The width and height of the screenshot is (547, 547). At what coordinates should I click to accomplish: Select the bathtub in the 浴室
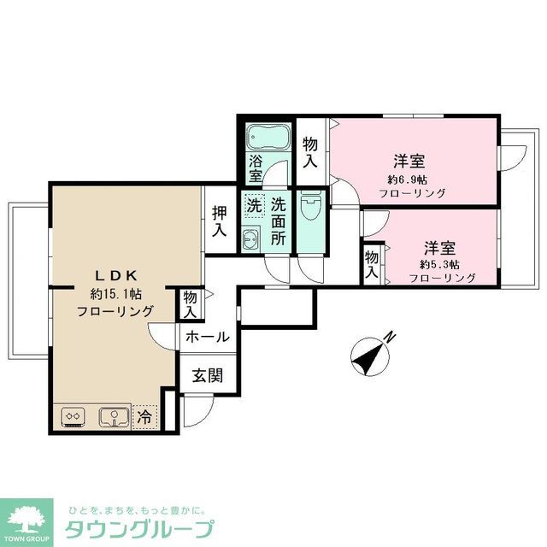point(262,137)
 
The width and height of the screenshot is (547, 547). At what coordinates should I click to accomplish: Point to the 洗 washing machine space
point(253,205)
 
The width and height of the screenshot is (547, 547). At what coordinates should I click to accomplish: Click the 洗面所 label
point(279,221)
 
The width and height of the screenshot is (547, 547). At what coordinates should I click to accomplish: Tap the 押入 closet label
point(219,221)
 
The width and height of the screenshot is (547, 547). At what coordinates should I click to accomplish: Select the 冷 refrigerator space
point(145,418)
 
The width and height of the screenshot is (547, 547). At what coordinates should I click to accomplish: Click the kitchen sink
point(112,417)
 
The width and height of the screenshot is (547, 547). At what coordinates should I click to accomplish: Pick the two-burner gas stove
point(72,417)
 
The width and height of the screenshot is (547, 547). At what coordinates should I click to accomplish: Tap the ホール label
point(207,337)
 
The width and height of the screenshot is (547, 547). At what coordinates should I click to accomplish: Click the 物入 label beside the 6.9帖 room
point(310,151)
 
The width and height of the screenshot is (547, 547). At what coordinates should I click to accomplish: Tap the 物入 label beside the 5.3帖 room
point(371,265)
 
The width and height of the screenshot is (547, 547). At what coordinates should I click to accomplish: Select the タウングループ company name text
point(140,527)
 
